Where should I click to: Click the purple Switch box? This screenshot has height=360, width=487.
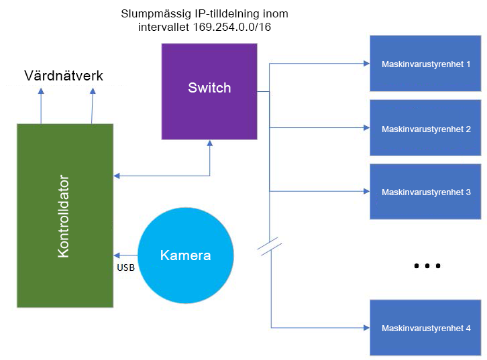209,91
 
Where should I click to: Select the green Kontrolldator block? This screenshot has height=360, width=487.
65,215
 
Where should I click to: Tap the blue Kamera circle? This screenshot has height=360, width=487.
186,255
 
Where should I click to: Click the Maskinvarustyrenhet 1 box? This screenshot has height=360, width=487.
426,64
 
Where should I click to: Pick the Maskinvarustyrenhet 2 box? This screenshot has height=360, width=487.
426,128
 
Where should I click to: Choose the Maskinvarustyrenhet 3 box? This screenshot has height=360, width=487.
426,191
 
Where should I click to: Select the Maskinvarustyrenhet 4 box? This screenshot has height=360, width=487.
426,328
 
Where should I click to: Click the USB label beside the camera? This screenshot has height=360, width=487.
127,267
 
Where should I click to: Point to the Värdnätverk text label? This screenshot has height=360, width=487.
64,76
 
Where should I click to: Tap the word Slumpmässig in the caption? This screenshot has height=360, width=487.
151,13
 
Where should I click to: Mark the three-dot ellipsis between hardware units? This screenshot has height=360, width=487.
427,266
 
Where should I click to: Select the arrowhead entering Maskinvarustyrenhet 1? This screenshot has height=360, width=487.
367,64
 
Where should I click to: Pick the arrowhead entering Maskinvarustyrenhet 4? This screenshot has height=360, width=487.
367,327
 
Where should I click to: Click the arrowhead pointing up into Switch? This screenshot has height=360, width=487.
210,143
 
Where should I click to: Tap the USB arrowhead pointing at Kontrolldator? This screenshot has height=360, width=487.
117,255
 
